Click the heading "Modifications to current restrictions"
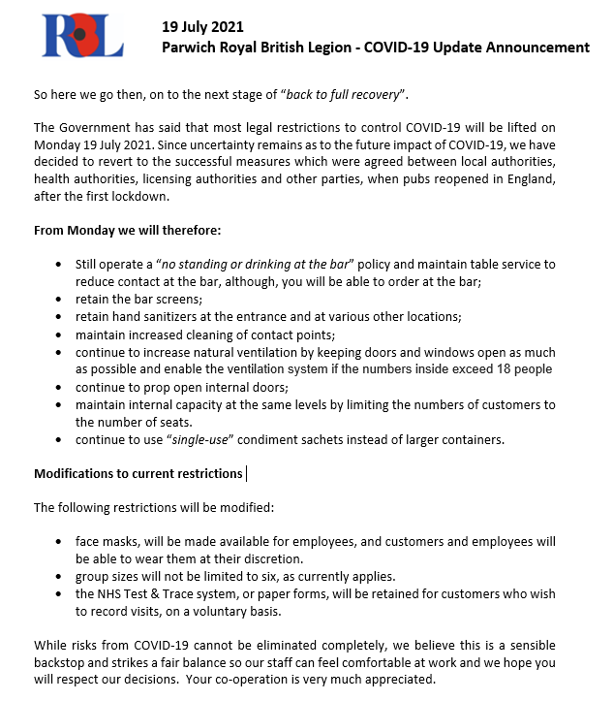coord(138,474)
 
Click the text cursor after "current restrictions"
coord(246,474)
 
